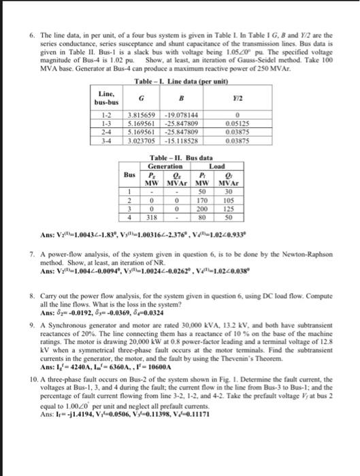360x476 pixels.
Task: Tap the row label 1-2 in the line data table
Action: click(107, 115)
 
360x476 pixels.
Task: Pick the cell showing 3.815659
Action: click(141, 115)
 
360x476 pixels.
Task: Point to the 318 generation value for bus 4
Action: click(152, 218)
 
